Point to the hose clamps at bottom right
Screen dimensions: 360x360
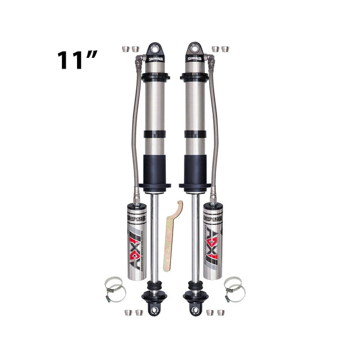click(x=234, y=289)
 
